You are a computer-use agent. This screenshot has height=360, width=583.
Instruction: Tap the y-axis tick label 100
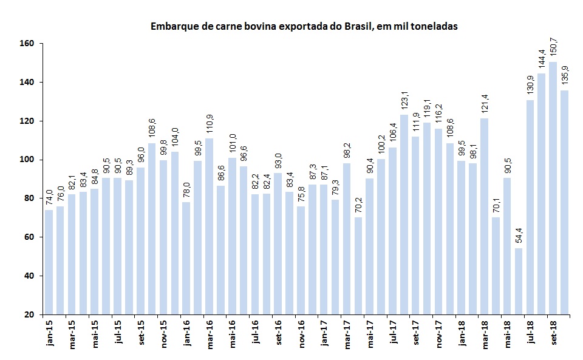[33, 160]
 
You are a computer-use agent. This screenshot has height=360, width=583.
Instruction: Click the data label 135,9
[564, 76]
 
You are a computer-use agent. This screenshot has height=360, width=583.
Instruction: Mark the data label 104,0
[175, 138]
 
